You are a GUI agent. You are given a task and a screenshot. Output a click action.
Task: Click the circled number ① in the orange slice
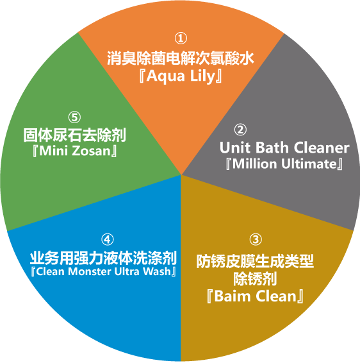coord(181,38)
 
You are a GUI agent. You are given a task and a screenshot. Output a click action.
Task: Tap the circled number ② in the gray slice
coord(240,130)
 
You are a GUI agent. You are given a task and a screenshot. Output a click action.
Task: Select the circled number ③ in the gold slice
coord(256,239)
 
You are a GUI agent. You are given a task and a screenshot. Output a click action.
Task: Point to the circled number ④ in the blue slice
coord(108,239)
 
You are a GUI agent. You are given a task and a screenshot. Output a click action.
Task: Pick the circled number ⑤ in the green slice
coord(74,117)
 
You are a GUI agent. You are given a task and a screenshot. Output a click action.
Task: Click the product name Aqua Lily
coord(181,76)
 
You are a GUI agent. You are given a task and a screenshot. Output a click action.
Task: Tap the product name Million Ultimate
coord(284,164)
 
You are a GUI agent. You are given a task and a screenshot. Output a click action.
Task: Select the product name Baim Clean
coord(255,296)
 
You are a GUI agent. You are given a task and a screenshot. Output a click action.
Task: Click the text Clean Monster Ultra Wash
coord(103,271)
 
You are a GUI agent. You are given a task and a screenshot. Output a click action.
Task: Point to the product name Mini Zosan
coord(75,151)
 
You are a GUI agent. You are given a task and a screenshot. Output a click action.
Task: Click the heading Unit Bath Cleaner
coord(284,148)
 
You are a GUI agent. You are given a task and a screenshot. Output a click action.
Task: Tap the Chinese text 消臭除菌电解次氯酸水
coord(181,58)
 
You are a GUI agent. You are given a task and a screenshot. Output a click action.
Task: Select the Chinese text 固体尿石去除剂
coord(74,135)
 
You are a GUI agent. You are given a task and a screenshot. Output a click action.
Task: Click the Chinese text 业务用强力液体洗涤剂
coord(103,258)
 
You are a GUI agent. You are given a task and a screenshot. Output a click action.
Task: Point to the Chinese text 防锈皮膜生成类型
coord(255,261)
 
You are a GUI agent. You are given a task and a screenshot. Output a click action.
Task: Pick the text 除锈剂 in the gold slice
coord(255,279)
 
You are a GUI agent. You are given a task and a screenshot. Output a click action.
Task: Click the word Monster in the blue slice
coord(90,271)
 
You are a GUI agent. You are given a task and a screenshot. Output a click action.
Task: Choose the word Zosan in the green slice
coord(92,151)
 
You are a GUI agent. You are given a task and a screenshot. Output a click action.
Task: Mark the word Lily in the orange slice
coord(203,76)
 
